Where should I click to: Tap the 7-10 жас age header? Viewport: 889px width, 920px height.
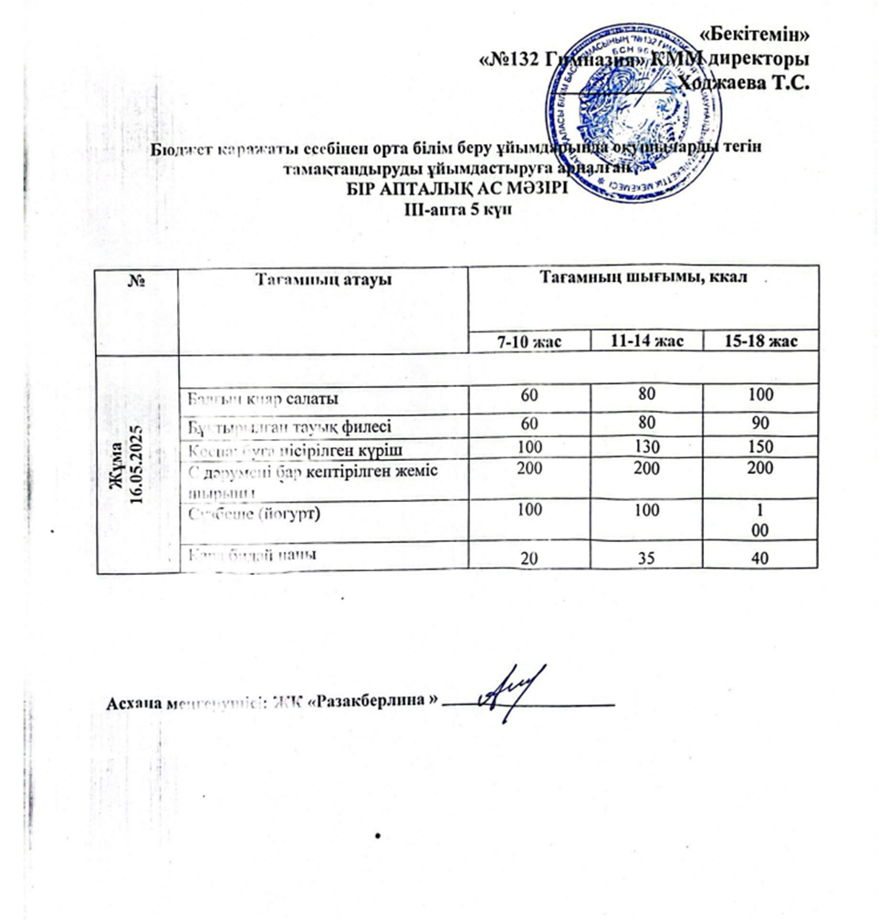click(528, 341)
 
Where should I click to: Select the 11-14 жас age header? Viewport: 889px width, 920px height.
click(645, 341)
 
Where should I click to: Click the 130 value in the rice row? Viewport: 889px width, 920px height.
click(645, 448)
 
